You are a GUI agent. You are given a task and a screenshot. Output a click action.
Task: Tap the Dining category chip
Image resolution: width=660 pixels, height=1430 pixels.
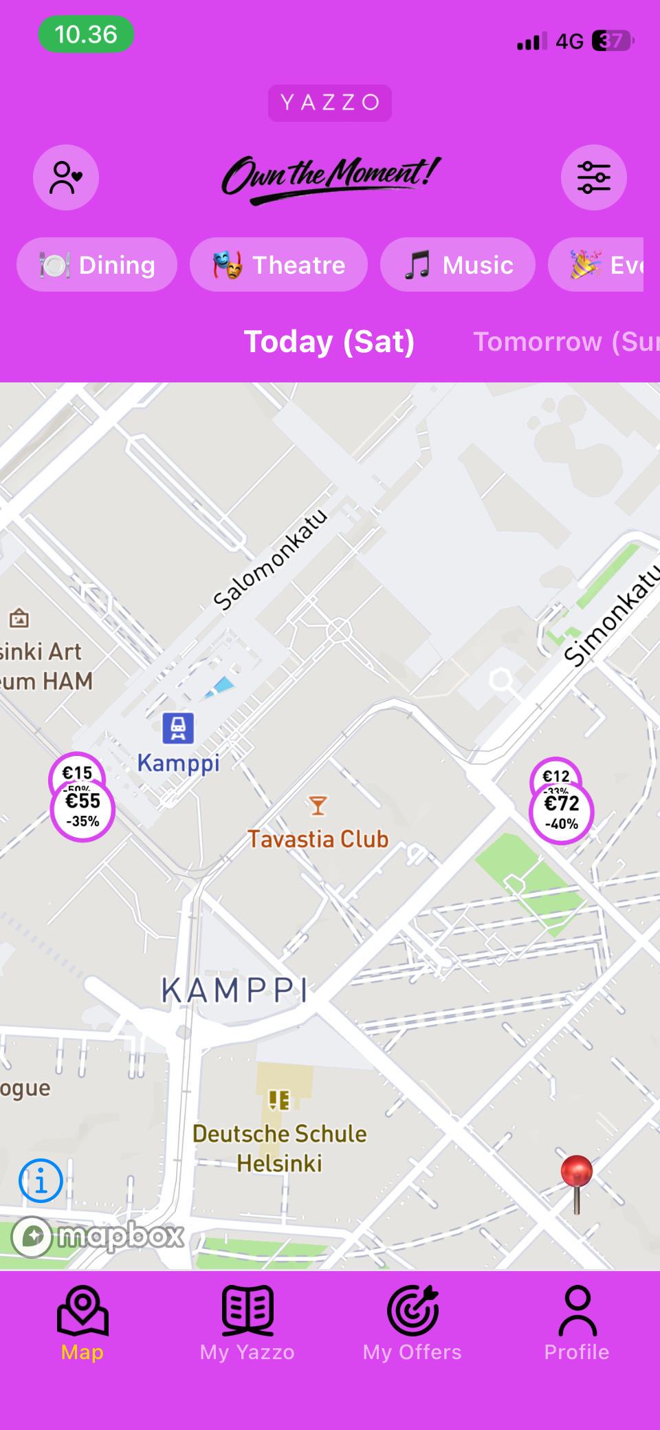(x=97, y=265)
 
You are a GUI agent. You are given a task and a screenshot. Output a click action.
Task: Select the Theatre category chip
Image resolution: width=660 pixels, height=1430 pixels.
(x=278, y=265)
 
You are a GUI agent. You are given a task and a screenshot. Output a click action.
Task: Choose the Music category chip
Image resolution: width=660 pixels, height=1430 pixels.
(x=457, y=265)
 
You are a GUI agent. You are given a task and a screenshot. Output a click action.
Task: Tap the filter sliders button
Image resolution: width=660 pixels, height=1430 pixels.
(x=593, y=177)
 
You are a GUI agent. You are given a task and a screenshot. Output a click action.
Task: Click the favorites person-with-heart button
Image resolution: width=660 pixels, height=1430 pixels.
(x=66, y=177)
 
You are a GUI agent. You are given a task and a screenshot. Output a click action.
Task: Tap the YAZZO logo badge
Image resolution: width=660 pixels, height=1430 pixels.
(x=330, y=102)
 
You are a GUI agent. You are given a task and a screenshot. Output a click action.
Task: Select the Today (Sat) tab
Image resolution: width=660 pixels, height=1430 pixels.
(x=329, y=342)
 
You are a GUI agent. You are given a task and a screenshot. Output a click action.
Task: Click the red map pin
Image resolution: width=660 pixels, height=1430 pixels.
(x=576, y=1171)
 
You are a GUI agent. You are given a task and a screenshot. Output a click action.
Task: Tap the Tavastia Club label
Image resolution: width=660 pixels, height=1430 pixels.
(x=318, y=839)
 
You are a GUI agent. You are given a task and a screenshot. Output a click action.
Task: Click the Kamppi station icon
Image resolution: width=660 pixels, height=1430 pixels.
(x=178, y=728)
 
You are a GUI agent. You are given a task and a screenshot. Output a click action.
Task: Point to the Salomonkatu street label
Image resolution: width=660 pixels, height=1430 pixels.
(x=270, y=560)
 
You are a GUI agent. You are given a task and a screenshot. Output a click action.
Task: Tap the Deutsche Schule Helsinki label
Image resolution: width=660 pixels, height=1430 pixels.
(x=279, y=1148)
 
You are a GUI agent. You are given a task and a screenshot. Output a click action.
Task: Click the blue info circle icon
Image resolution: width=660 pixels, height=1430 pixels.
(x=41, y=1181)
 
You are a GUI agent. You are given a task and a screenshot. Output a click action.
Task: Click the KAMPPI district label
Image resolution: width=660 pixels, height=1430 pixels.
(x=235, y=991)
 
